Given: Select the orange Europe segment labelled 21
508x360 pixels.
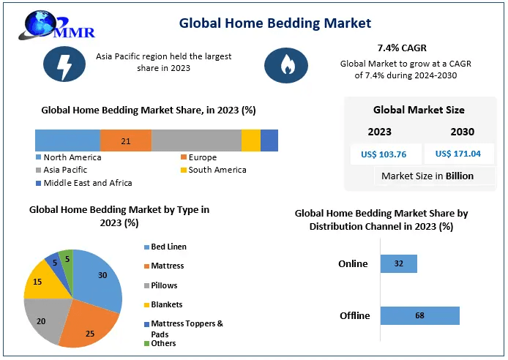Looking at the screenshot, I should pos(126,140).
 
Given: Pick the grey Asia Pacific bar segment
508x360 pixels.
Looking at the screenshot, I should pos(196,140).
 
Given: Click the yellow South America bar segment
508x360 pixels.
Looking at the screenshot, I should pos(251,140).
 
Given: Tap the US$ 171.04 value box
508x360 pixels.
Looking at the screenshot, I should pos(458,154).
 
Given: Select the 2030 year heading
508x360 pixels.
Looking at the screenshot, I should pos(463,132).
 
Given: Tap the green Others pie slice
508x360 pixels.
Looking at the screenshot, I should pos(67,258).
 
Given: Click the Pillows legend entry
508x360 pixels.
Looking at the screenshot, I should pos(164,285).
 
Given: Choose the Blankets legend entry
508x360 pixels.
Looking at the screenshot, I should pos(166,304).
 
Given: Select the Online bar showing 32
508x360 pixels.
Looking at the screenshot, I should pos(399,264).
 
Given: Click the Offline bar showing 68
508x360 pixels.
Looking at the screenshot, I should pos(420,315).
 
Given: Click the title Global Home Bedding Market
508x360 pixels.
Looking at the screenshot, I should pos(275,23).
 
